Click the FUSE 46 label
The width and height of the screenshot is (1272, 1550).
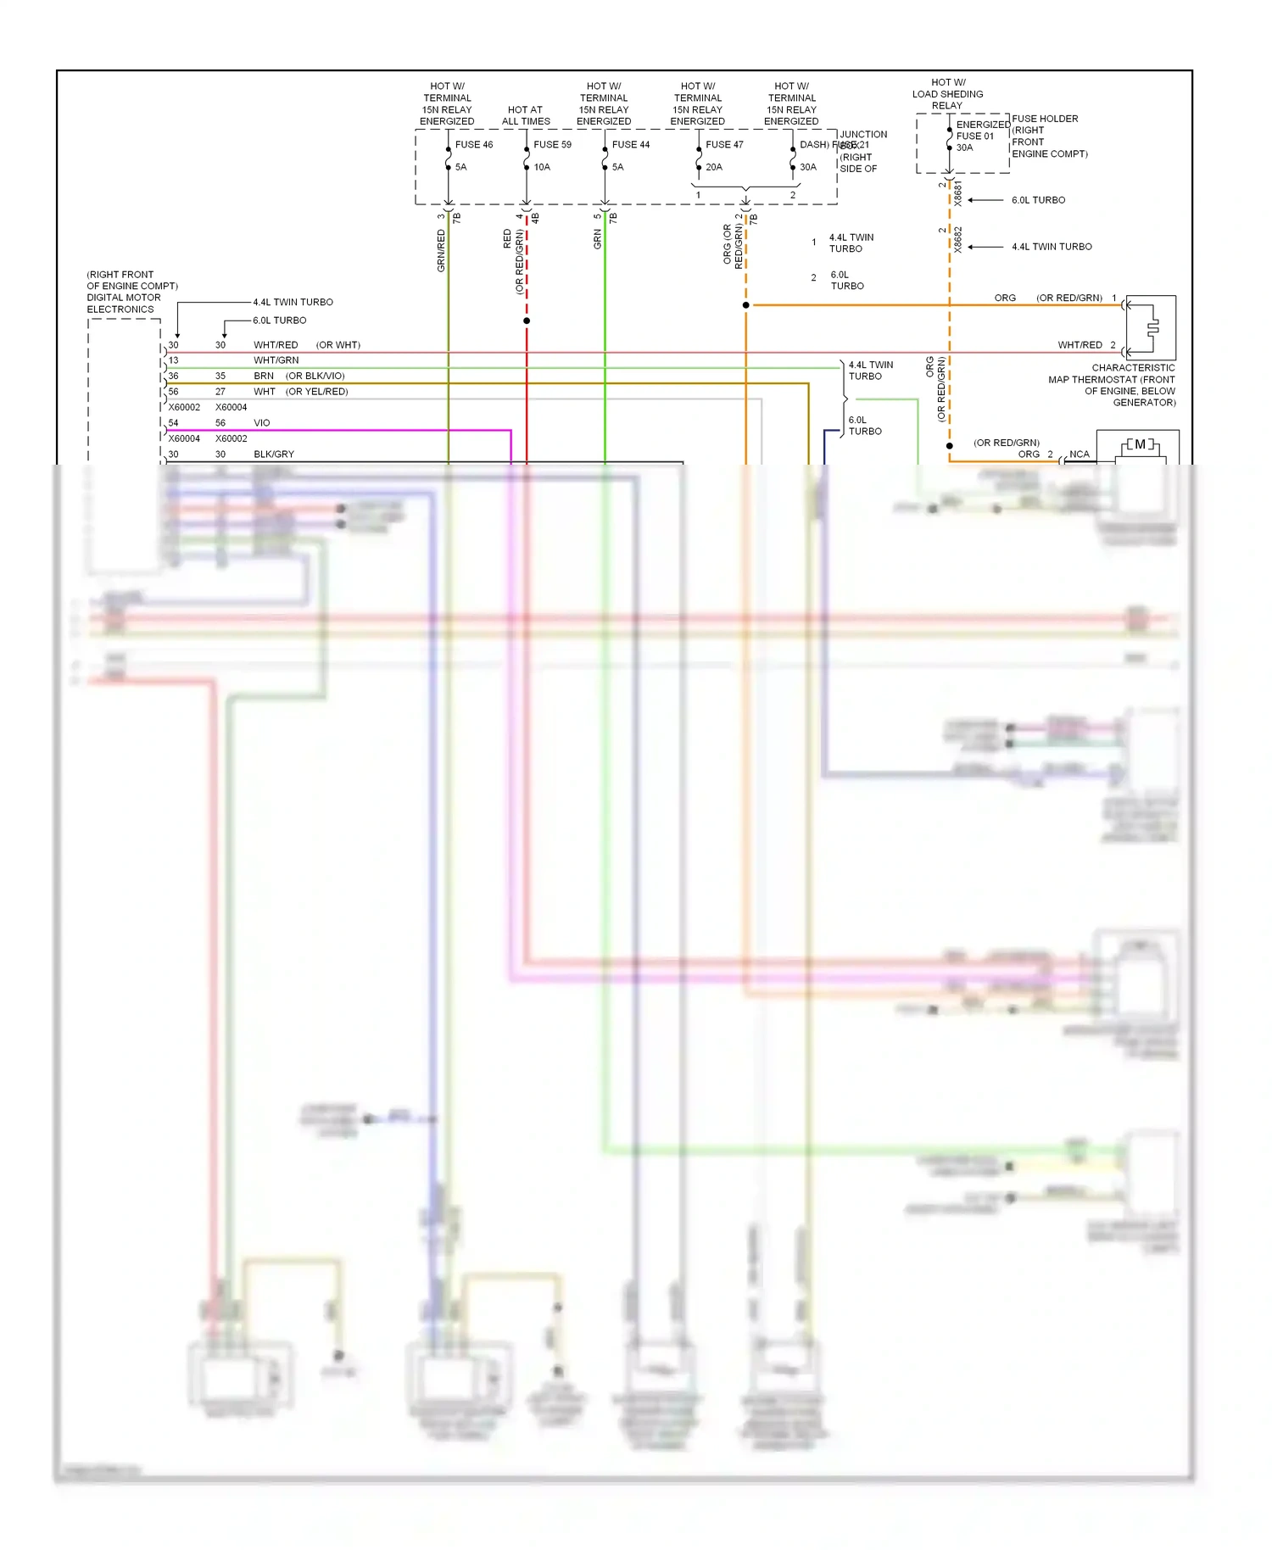click(473, 145)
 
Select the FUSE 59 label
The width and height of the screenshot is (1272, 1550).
click(552, 145)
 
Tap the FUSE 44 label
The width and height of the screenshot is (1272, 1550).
click(630, 145)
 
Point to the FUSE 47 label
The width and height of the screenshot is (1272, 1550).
click(724, 145)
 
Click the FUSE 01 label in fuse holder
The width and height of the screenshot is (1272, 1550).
click(974, 137)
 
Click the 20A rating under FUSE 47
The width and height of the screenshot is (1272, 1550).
click(714, 167)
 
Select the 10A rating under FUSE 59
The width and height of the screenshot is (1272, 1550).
click(542, 167)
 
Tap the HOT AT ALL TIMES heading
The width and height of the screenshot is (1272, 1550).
click(526, 115)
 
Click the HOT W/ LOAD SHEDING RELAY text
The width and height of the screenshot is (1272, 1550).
click(947, 94)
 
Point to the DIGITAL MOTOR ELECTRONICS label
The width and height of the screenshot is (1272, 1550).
click(124, 304)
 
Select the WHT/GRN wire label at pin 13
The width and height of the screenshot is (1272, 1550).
click(276, 360)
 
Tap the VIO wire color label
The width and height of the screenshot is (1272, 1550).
click(262, 423)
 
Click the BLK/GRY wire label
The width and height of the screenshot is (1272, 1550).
click(274, 454)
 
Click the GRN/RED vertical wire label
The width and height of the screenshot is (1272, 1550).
click(441, 251)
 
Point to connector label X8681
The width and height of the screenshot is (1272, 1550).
click(958, 193)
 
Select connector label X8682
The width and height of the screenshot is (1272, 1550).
click(958, 239)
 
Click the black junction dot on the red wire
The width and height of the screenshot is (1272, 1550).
click(527, 321)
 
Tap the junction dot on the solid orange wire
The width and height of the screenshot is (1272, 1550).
click(746, 305)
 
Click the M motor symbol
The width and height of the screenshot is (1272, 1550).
click(1140, 444)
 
